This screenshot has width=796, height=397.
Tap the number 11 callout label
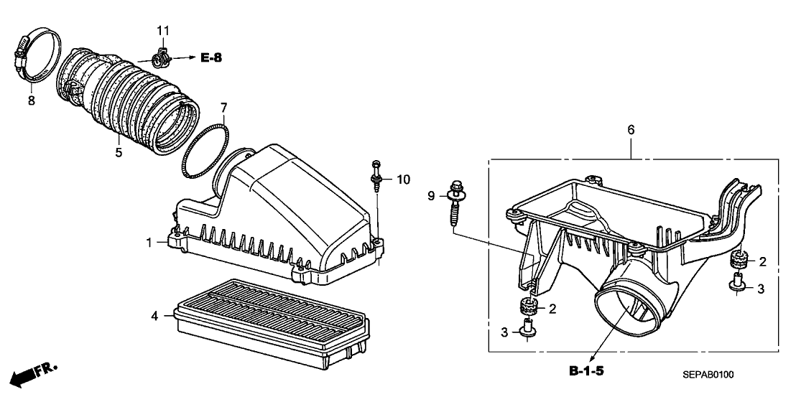tap(163, 29)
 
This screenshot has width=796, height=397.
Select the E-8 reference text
tap(211, 57)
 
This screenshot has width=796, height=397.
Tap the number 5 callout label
tap(119, 152)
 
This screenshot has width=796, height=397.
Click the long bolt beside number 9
tap(456, 205)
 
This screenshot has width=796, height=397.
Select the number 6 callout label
tap(631, 130)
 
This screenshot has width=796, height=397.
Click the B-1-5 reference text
tap(586, 371)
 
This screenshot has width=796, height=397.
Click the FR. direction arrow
tap(32, 373)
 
